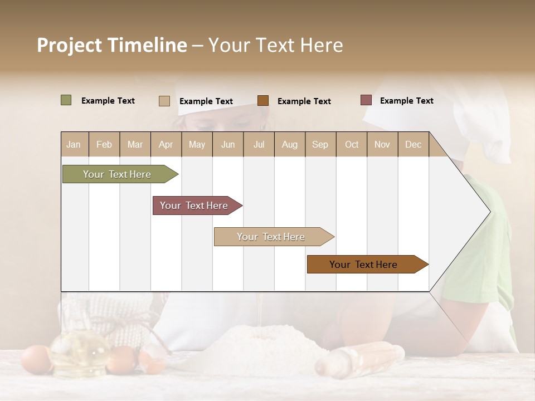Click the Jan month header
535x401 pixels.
74,144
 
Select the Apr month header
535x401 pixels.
166,144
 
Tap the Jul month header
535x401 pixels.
259,144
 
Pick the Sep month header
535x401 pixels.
320,144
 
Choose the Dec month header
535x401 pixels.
413,144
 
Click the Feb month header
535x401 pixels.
104,144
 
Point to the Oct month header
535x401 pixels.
352,144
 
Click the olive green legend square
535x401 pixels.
66,100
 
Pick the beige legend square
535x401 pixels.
164,101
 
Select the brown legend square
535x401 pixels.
263,100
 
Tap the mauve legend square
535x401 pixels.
366,100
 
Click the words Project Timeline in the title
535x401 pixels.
111,45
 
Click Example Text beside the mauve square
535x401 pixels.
406,101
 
